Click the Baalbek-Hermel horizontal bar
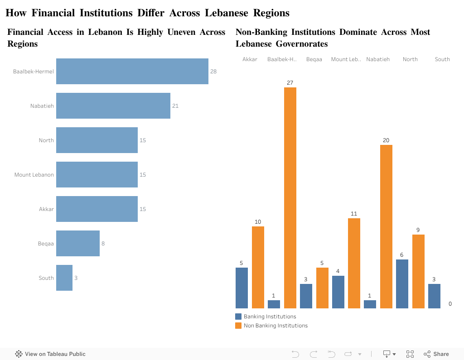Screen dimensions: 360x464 coord(132,71)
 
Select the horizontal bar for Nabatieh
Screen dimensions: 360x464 coord(113,106)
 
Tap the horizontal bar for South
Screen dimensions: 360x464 coord(64,278)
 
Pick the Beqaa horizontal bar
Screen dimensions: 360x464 coord(77,243)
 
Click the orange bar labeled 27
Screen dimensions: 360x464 coord(290,197)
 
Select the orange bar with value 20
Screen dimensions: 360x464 coord(386,226)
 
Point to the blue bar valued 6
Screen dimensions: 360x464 coord(402,284)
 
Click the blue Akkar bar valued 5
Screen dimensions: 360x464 coord(242,288)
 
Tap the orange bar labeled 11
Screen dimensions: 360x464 coord(354,263)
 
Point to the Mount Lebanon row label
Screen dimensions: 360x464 coord(34,175)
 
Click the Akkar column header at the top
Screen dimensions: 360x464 coord(250,59)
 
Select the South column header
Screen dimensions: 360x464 coord(442,59)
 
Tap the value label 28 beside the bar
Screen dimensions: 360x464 coord(213,72)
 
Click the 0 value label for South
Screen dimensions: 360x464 coord(450,304)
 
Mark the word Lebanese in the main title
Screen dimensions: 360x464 coord(226,13)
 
